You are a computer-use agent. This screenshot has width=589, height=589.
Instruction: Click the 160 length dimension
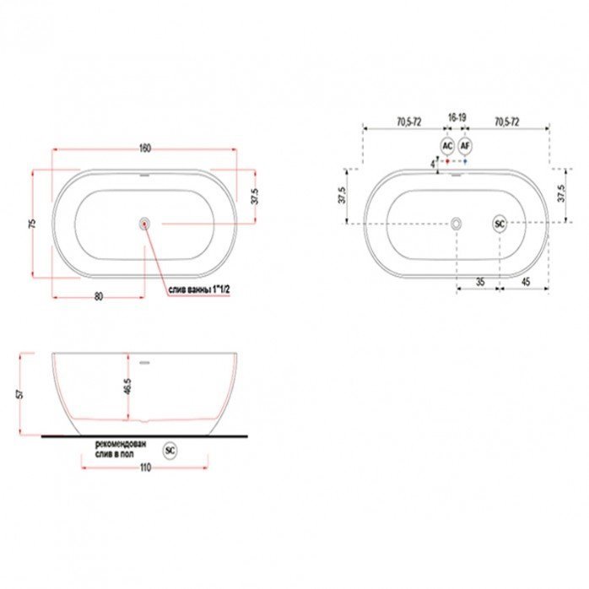[x=145, y=148]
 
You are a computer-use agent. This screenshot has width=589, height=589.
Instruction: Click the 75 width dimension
[x=33, y=224]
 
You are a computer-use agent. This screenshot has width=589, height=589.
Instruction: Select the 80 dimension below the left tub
[x=99, y=296]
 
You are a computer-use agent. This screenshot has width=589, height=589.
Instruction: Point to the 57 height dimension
[x=20, y=394]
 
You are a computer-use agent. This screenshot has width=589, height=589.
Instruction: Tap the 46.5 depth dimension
[x=127, y=386]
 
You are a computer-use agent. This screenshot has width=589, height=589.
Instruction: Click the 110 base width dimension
[x=145, y=467]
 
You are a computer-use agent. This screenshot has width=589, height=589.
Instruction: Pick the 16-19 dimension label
[x=457, y=117]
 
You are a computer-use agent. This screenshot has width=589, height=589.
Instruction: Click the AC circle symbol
[x=447, y=145]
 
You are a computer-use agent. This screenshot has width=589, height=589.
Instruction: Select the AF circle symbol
[x=465, y=145]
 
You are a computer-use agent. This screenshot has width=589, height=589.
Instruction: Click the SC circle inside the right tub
[x=500, y=224]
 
